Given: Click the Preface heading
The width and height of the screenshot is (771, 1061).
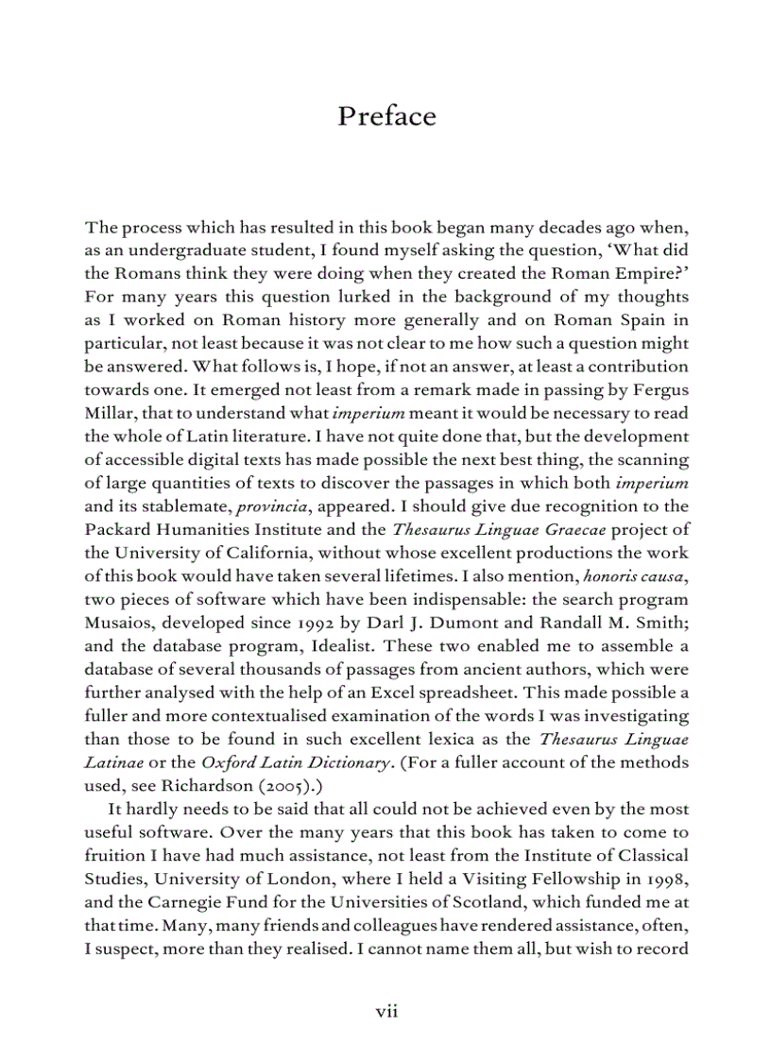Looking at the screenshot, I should [x=386, y=116].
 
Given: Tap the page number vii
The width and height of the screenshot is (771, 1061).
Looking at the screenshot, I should [x=386, y=1011].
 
